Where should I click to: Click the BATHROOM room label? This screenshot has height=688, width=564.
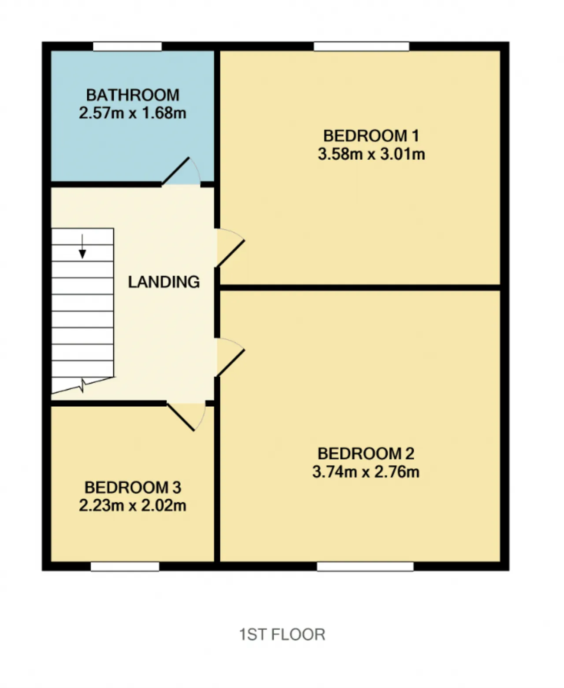pyautogui.click(x=133, y=95)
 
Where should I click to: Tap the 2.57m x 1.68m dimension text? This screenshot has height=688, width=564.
pyautogui.click(x=133, y=113)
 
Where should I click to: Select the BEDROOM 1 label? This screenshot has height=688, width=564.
pyautogui.click(x=371, y=136)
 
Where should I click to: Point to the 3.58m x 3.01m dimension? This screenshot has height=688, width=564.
pyautogui.click(x=371, y=154)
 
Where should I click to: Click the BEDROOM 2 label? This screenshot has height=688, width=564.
pyautogui.click(x=366, y=454)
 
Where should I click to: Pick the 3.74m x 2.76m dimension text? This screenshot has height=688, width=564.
pyautogui.click(x=366, y=472)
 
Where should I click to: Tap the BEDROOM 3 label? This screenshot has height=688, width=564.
pyautogui.click(x=133, y=488)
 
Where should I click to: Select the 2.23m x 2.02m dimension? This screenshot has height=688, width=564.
pyautogui.click(x=133, y=506)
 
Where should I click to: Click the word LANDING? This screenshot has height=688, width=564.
pyautogui.click(x=163, y=282)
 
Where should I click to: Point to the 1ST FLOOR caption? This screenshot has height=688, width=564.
pyautogui.click(x=282, y=634)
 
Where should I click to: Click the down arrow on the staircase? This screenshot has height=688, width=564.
pyautogui.click(x=82, y=247)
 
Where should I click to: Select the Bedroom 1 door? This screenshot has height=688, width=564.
pyautogui.click(x=230, y=248)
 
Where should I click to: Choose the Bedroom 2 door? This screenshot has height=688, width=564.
pyautogui.click(x=230, y=357)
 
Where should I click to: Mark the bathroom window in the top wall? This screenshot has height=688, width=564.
pyautogui.click(x=127, y=46)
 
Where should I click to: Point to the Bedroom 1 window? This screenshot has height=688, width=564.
pyautogui.click(x=361, y=46)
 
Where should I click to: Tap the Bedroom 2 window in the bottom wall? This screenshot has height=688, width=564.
pyautogui.click(x=365, y=567)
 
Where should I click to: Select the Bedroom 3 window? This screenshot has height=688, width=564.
pyautogui.click(x=125, y=567)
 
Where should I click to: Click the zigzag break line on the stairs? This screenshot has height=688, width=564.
pyautogui.click(x=83, y=385)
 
